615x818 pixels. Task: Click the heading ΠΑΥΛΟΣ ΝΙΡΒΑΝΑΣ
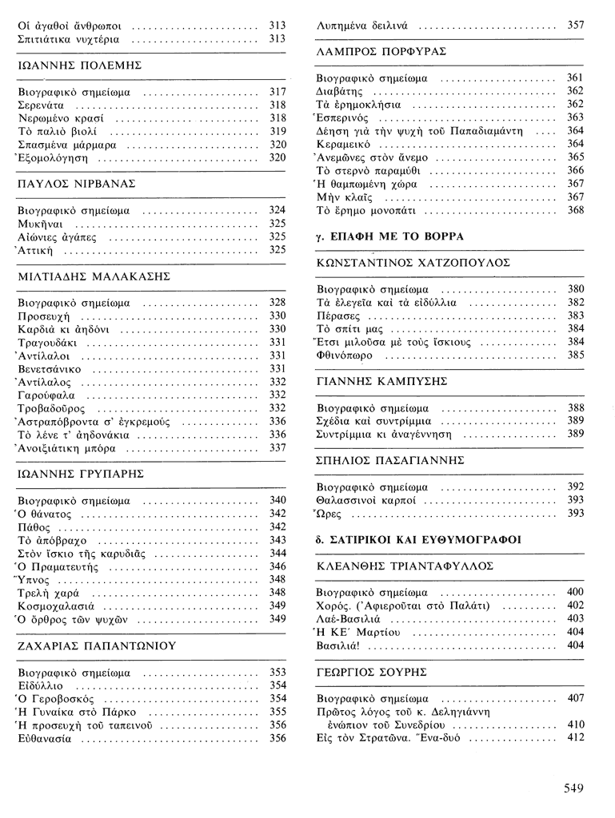click(x=76, y=183)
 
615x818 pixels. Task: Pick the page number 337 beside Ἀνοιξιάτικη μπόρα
click(x=278, y=447)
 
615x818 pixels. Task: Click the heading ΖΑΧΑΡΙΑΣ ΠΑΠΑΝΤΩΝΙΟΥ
click(x=96, y=645)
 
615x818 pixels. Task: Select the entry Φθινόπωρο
click(x=345, y=355)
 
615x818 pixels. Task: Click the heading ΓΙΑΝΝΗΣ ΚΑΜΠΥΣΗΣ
click(x=381, y=381)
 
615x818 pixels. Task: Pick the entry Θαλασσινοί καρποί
click(x=366, y=499)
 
